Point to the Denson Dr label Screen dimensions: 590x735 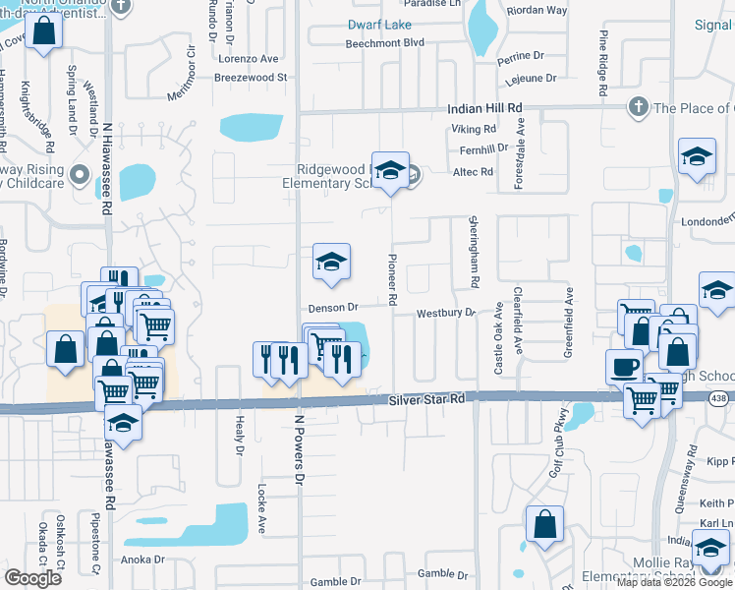click(331, 308)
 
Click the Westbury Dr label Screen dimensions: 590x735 click(445, 313)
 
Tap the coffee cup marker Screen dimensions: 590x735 click(624, 367)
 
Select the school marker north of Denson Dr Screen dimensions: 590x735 click(331, 261)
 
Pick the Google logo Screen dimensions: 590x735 click(33, 578)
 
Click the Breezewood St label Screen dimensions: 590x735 click(250, 77)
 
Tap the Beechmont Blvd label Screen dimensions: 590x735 click(384, 43)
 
